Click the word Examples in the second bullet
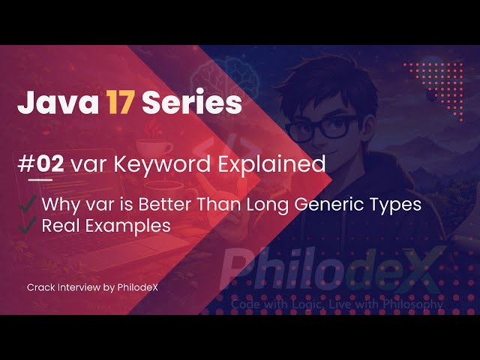click(x=123, y=224)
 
